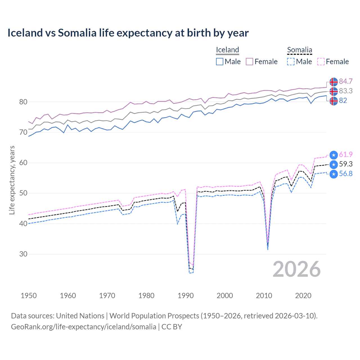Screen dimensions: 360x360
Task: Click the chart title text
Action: coord(128,33)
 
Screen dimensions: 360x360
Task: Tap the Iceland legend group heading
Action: coord(227,50)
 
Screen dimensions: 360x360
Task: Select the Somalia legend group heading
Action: coord(300,50)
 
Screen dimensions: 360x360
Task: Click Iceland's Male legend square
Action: coord(220,62)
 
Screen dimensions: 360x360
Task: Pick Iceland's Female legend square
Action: coord(249,62)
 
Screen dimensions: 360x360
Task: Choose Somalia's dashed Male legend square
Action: coord(291,62)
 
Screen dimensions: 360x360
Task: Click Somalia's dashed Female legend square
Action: coord(321,62)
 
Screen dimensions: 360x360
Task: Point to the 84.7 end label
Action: coord(346,82)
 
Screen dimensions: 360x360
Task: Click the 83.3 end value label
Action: coord(346,91)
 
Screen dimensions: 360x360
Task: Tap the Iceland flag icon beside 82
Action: coord(334,101)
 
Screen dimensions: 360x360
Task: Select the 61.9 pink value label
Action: coord(346,155)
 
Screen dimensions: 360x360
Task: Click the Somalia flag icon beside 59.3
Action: coord(334,164)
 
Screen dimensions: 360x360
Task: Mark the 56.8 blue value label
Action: coord(346,174)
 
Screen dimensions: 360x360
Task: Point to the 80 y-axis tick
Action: coord(23,102)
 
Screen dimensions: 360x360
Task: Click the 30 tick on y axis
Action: coord(23,254)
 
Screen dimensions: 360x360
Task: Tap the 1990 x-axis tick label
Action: coord(186,296)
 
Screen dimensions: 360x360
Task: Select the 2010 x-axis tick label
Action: coord(264,296)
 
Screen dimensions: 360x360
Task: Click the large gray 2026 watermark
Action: coord(296,269)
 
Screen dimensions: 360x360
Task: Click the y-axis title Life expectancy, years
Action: coord(12,180)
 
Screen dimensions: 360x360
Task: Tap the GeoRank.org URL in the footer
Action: coord(84,327)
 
